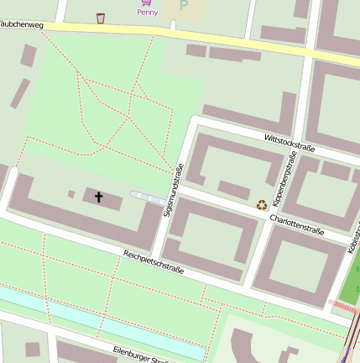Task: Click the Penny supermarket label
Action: pos(147,13)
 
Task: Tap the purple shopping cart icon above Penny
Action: pos(147,3)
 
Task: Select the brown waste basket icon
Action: pos(101,18)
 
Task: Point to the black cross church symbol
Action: pos(98,197)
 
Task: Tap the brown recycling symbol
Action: pos(262,203)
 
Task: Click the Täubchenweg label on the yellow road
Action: pos(20,24)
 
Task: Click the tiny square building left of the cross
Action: pos(71,194)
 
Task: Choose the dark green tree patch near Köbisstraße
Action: pos(352,286)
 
